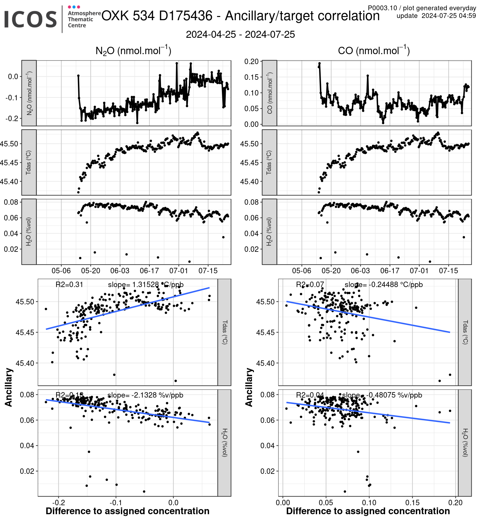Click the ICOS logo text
click(30, 19)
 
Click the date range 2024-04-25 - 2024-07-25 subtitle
click(240, 35)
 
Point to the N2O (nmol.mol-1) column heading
click(133, 51)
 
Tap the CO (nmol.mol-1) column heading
click(374, 51)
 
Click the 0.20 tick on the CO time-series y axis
click(251, 62)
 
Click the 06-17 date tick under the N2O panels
click(149, 271)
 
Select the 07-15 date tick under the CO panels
click(448, 271)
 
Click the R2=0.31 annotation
click(69, 284)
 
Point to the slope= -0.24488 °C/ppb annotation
click(384, 284)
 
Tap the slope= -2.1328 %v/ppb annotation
click(145, 395)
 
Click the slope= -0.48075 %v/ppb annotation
click(382, 395)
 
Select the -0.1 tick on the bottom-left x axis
click(115, 502)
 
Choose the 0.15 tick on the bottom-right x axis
click(412, 502)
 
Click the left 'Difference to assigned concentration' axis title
click(128, 511)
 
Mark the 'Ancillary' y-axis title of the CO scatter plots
click(249, 387)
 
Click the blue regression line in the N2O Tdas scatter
click(128, 308)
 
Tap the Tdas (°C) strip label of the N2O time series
click(29, 162)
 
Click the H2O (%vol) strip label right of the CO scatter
click(465, 442)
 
